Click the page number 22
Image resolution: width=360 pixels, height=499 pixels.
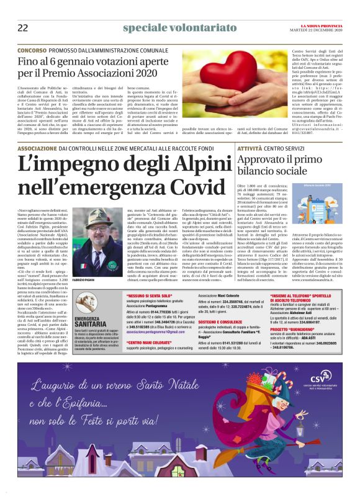(23, 28)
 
